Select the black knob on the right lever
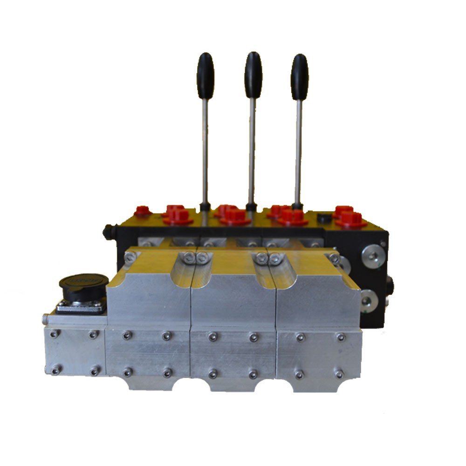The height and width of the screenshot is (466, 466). [x=300, y=70]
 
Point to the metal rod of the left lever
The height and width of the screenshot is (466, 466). [x=205, y=149]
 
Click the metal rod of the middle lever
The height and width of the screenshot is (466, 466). [x=252, y=149]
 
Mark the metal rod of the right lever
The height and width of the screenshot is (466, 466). [x=298, y=149]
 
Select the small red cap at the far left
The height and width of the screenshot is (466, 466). [x=142, y=211]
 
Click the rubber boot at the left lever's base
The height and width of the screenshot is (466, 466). [x=204, y=206]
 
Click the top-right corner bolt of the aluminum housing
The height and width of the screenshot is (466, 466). [x=334, y=258]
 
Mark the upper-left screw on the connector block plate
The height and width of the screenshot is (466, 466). [x=55, y=334]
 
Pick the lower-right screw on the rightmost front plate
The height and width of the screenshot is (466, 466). [x=339, y=374]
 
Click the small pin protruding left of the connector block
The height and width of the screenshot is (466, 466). [x=44, y=319]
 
